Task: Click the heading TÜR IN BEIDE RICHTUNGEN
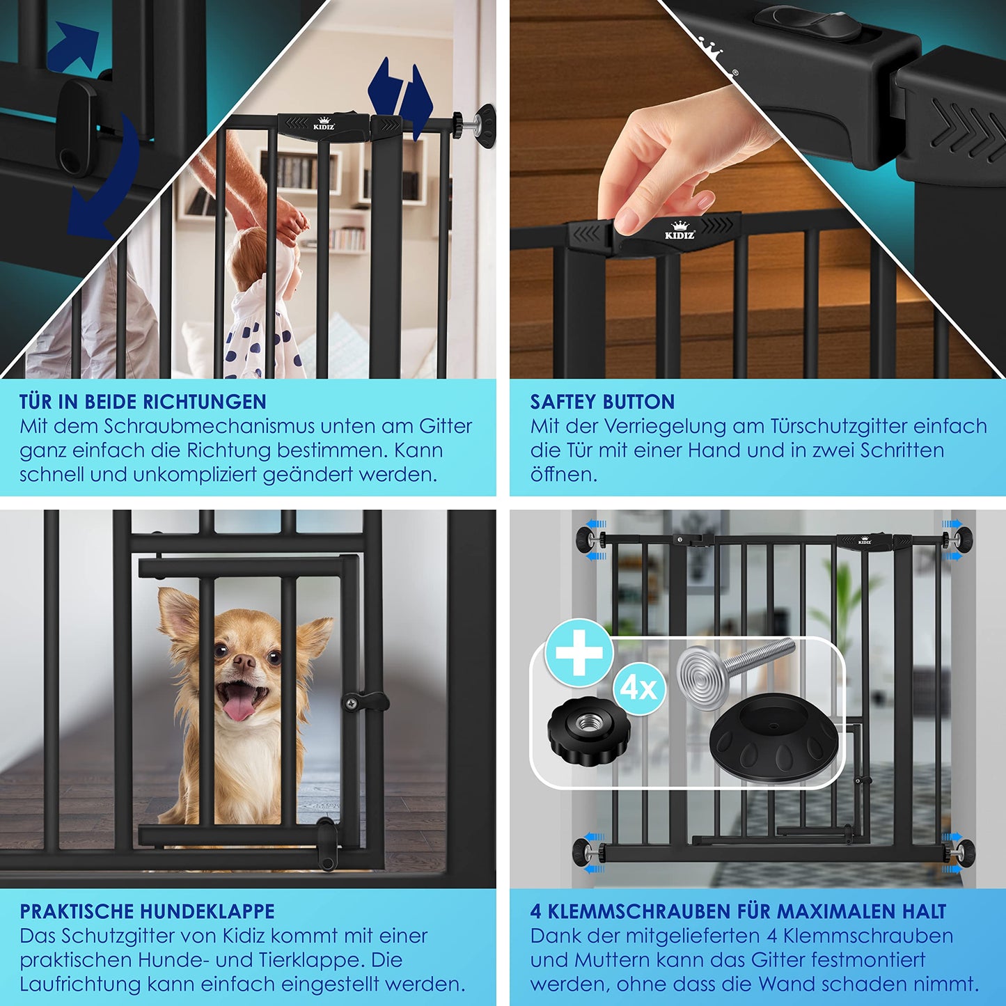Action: pos(143,402)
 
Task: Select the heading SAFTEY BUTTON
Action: pos(602,402)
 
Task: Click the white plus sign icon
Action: pos(579,652)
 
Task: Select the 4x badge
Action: pos(639,689)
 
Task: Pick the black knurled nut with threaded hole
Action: pos(589,731)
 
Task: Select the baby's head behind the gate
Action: pos(264,261)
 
